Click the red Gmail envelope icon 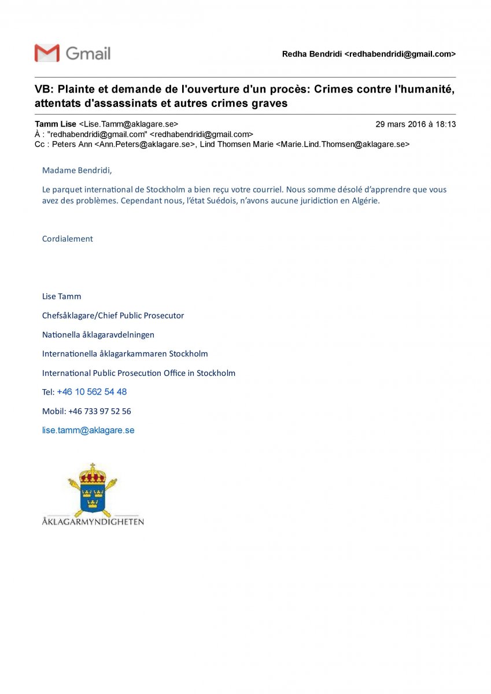click(47, 53)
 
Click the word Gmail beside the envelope click(88, 53)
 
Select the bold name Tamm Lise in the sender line click(56, 124)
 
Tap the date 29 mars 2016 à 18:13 click(415, 124)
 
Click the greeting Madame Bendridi click(77, 171)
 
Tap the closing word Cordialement click(67, 238)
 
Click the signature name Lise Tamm click(61, 296)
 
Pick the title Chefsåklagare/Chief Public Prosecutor click(113, 315)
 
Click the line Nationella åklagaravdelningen click(98, 334)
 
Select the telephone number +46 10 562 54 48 click(91, 392)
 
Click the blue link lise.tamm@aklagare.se click(88, 430)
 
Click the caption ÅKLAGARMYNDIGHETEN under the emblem click(93, 522)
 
